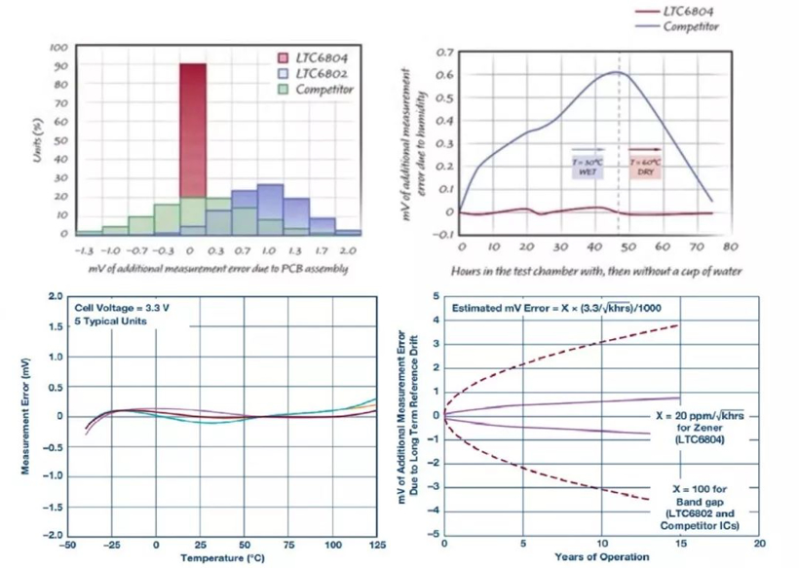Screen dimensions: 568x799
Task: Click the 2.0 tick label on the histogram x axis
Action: [347, 250]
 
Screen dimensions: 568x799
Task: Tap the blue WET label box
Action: [588, 166]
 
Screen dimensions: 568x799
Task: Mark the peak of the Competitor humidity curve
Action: [618, 72]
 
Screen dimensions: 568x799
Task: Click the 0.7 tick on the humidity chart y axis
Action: [443, 52]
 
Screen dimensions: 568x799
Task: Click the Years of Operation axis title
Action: [601, 557]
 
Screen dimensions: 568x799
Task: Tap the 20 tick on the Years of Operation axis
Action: [759, 543]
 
